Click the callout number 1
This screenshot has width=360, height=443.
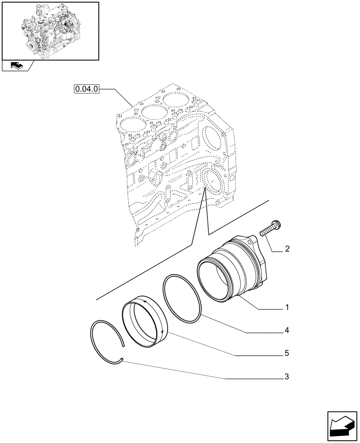pos(287,307)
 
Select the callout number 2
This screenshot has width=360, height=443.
pos(287,249)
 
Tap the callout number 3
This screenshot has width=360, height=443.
pos(287,377)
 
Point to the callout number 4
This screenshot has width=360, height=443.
pos(287,330)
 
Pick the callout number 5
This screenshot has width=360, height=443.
pos(287,354)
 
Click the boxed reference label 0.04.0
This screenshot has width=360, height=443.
pos(86,89)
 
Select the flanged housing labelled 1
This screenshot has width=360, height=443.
pos(235,270)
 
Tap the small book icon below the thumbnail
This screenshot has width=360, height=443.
pos(16,66)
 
